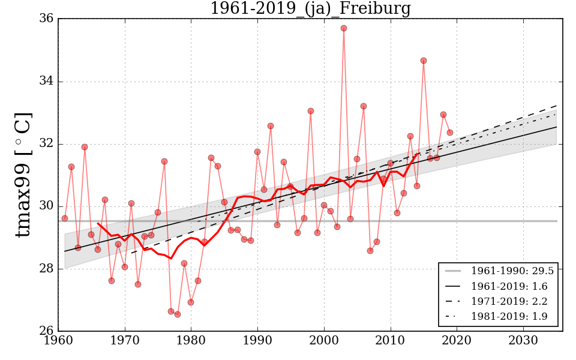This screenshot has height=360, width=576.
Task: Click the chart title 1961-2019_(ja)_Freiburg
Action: tap(310, 9)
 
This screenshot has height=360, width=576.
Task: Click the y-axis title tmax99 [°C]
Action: tap(22, 175)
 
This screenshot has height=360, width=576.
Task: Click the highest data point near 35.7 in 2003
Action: tap(344, 28)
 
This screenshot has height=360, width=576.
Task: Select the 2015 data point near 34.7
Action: tap(424, 61)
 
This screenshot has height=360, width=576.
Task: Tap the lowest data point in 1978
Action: tap(178, 314)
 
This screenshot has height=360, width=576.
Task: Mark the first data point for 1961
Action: tap(65, 218)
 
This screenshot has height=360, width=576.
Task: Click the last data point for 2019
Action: tap(450, 133)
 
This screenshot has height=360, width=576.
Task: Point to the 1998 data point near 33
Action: tap(311, 111)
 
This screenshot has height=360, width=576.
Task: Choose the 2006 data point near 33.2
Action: tap(364, 106)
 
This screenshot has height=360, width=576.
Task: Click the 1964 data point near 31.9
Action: tap(85, 147)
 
